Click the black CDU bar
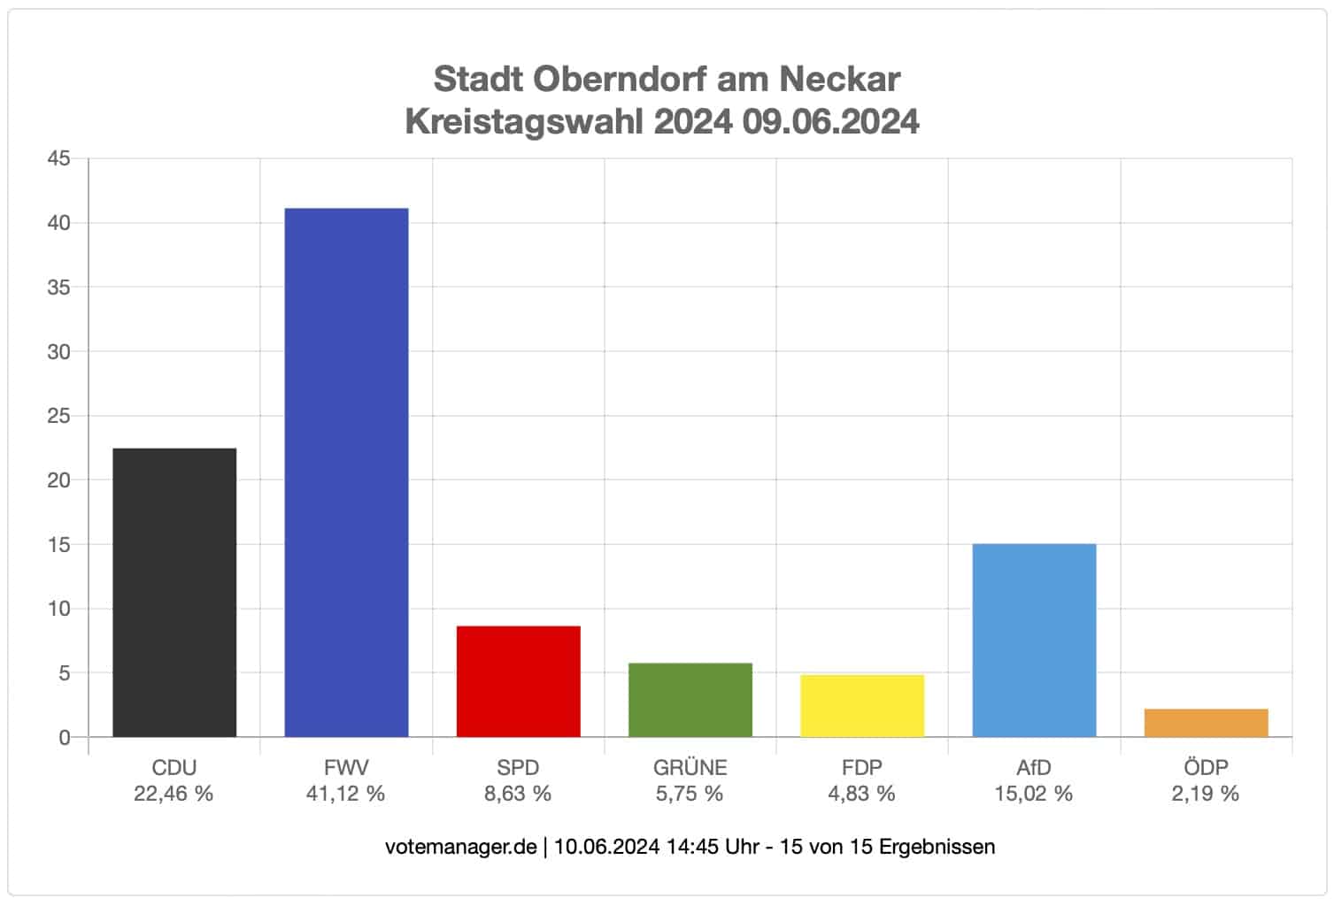point(174,592)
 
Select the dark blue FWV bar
point(346,472)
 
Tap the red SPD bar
point(518,681)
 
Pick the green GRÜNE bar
point(690,700)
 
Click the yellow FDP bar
point(861,706)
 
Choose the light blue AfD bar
point(1034,640)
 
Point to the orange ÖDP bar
point(1206,723)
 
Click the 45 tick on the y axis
point(58,159)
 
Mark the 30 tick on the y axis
point(58,352)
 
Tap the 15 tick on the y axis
point(58,545)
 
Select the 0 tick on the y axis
point(64,738)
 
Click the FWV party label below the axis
point(346,768)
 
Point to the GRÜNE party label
point(690,768)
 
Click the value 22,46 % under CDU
point(173,794)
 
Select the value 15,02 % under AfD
point(1033,794)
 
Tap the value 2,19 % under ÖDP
point(1205,794)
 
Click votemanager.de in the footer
point(460,847)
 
